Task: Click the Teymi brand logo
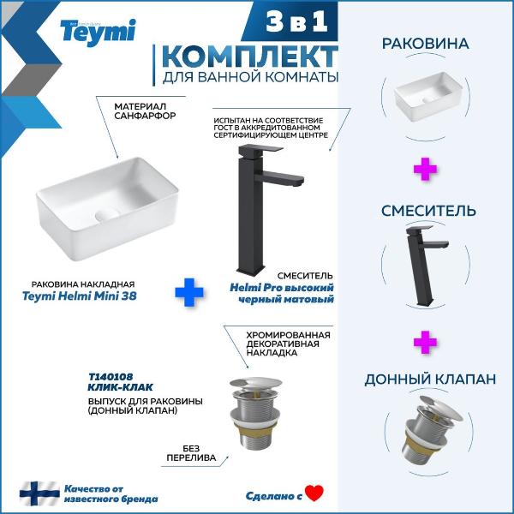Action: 98,33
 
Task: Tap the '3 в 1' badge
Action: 296,22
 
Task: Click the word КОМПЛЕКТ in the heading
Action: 250,57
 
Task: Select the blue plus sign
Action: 189,292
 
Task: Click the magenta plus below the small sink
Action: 425,169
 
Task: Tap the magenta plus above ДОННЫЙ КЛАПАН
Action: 425,342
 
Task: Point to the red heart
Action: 314,493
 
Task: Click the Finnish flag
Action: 39,493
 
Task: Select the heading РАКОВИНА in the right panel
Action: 425,44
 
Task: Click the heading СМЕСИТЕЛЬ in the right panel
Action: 428,211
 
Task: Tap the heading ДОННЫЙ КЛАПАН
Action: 430,380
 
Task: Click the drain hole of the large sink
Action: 107,215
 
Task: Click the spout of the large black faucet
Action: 279,178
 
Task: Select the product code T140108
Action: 111,377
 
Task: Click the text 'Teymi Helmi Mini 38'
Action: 80,296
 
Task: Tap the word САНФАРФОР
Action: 145,116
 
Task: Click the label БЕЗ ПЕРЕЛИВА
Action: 191,453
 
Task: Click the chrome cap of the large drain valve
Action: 255,383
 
